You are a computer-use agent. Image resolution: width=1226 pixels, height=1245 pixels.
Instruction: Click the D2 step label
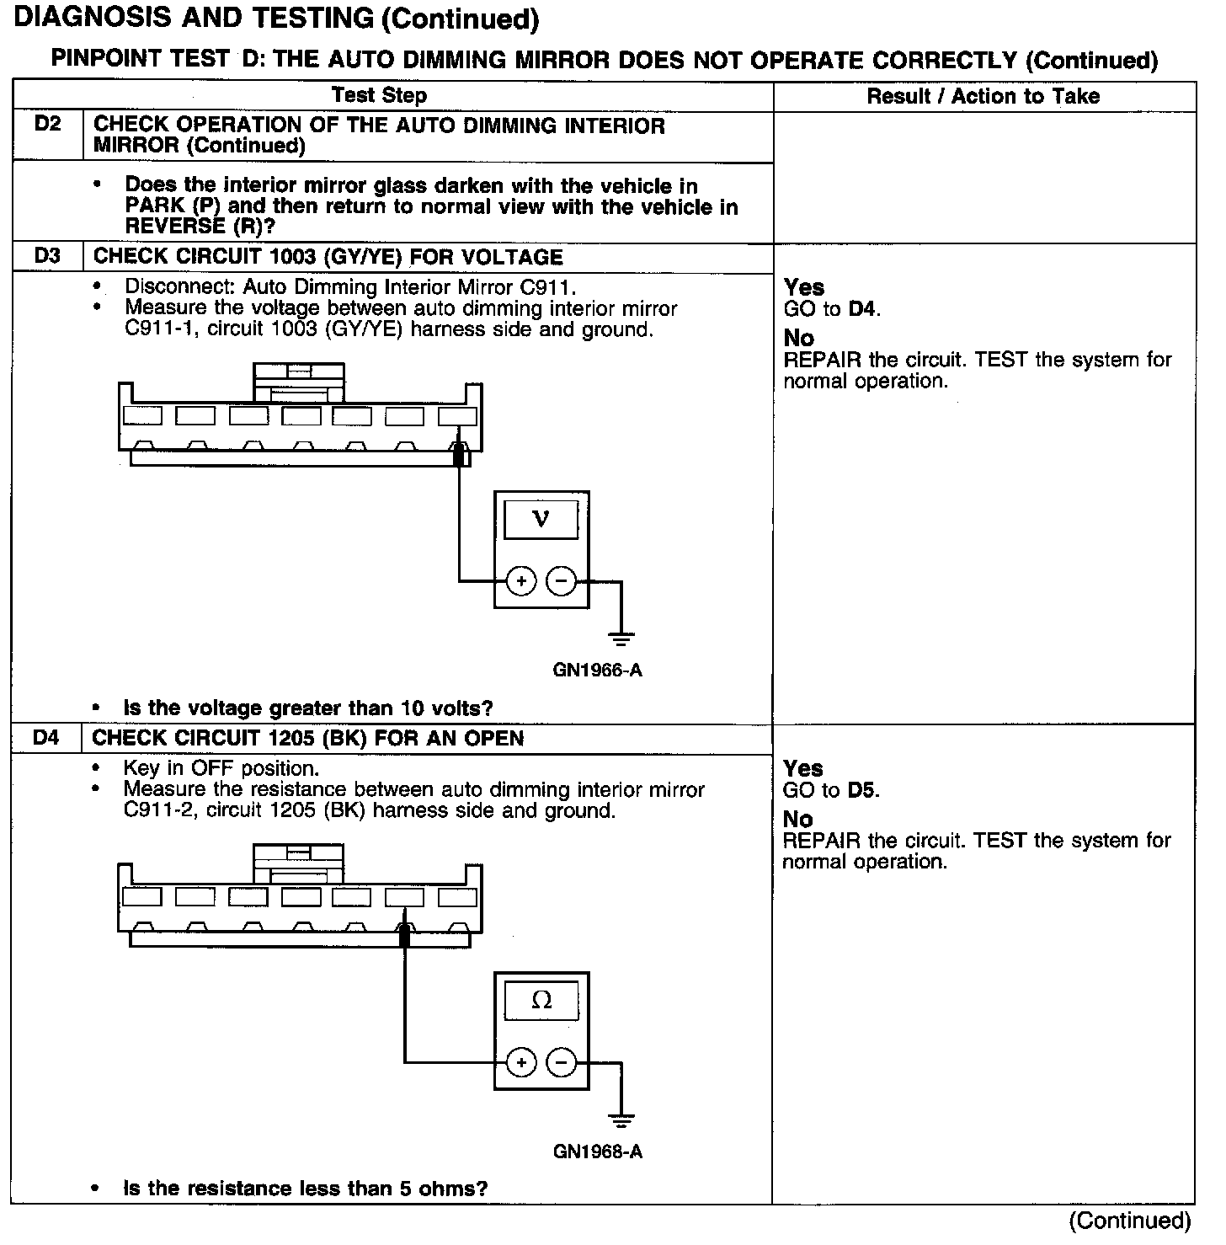click(48, 126)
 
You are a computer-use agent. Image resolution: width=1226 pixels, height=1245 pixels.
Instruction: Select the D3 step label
click(48, 257)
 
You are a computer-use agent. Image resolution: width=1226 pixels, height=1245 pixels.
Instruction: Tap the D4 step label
click(47, 739)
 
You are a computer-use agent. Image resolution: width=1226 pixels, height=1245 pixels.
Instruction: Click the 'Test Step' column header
click(379, 96)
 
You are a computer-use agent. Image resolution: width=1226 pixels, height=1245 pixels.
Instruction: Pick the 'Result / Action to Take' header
click(983, 97)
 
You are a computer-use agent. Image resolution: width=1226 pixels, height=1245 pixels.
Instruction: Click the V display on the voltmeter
click(541, 519)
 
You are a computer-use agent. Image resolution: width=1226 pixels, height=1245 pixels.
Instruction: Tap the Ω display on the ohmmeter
click(541, 1001)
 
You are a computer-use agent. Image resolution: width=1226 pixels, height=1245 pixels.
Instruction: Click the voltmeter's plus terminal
click(521, 581)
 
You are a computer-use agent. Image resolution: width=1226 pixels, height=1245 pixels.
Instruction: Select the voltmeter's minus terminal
click(561, 581)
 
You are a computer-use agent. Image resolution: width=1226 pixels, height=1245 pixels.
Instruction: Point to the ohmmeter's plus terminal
click(521, 1063)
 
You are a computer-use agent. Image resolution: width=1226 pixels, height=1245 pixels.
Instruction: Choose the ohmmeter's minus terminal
click(561, 1063)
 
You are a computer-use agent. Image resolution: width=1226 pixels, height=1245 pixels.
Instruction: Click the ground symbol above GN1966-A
click(621, 638)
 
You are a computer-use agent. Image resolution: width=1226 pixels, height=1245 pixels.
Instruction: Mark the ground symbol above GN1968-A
click(621, 1119)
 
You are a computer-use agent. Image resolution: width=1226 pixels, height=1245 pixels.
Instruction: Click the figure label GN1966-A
click(597, 671)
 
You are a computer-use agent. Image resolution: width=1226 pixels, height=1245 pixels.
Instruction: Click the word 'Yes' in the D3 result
click(804, 287)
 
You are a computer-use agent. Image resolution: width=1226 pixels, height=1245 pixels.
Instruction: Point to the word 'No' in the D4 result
click(798, 820)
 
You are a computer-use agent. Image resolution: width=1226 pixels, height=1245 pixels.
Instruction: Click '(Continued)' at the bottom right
click(1129, 1221)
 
